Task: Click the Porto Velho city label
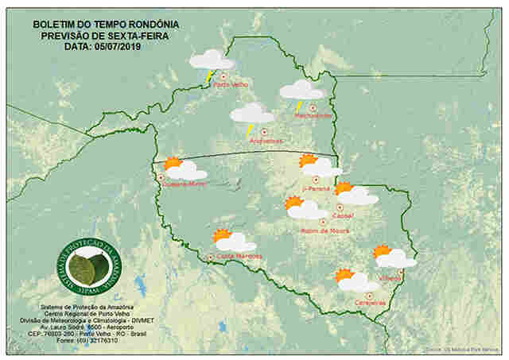pos(231,84)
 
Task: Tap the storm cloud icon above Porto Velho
pos(211,61)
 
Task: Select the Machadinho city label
pos(313,116)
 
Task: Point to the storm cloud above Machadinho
pos(301,91)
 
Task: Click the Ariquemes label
pos(266,141)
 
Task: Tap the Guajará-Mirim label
pos(185,184)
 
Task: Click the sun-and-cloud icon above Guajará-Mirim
pos(185,168)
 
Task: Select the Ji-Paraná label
pos(316,189)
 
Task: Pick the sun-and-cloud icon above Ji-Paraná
pos(320,166)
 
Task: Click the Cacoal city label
pos(344,215)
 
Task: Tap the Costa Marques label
pos(239,256)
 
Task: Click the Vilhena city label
pos(390,278)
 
